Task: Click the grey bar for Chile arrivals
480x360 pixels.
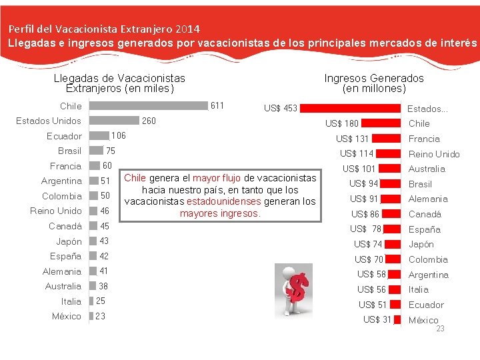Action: click(x=147, y=105)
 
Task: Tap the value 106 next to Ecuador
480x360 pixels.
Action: click(x=118, y=135)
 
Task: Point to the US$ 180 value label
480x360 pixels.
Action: click(x=341, y=123)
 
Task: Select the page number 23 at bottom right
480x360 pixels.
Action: click(x=440, y=329)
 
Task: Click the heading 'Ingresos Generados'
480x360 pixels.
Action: click(x=373, y=78)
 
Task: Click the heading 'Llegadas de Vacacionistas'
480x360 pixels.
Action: click(x=119, y=78)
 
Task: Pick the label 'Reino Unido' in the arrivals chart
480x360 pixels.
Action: click(x=56, y=211)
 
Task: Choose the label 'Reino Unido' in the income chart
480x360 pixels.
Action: click(x=434, y=154)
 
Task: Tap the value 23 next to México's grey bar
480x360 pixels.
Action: click(x=100, y=316)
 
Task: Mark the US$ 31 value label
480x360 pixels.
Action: click(x=377, y=319)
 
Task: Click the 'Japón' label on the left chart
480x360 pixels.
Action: click(x=69, y=241)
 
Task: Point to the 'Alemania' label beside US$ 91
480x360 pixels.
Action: click(x=428, y=199)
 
